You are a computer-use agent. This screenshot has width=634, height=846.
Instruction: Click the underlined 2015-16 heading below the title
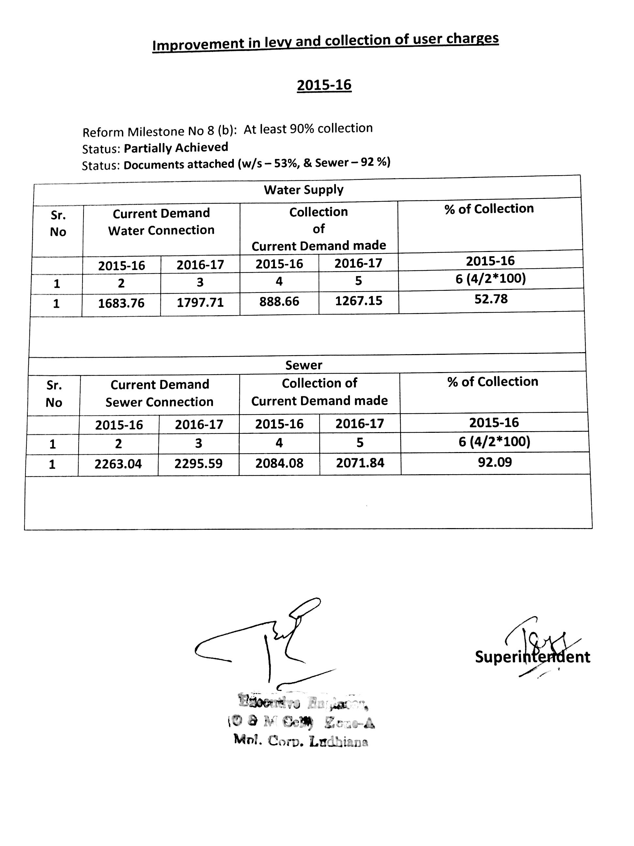(x=324, y=85)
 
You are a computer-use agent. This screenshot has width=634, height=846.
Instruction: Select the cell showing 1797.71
(x=200, y=303)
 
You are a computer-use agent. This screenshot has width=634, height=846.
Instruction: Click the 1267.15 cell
(x=358, y=301)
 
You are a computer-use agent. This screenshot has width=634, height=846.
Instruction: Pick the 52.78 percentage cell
(x=491, y=299)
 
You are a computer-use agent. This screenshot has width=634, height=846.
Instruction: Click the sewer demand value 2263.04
(x=118, y=464)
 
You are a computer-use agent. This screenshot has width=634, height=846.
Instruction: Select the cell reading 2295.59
(x=198, y=463)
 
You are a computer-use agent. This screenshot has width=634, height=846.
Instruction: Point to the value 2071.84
(x=360, y=463)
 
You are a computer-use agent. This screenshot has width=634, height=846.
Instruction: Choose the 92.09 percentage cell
(x=494, y=462)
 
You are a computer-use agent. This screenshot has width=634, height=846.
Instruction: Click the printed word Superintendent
(x=532, y=657)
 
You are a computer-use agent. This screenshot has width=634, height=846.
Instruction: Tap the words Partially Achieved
(x=176, y=148)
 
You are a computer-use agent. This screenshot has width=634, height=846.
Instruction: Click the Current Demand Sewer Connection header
(x=159, y=393)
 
